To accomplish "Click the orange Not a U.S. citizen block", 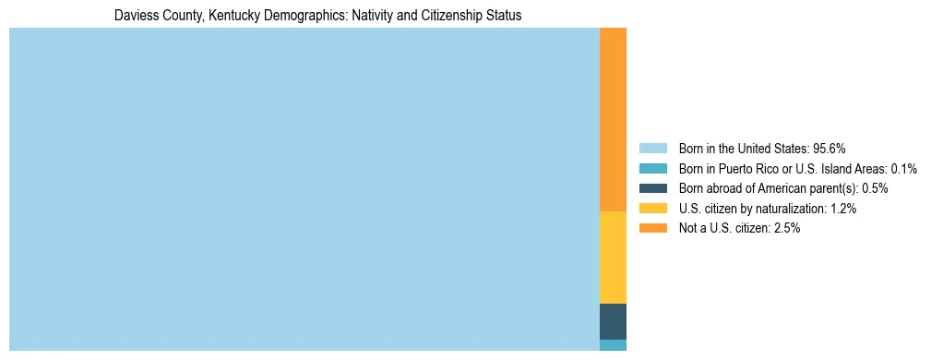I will pos(613,120).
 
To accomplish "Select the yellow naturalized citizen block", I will pos(613,258).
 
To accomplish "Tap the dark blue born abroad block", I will pos(613,321).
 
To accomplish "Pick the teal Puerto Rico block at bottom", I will pos(613,345).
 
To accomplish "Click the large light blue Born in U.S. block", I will pos(304,189).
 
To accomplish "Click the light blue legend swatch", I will pos(652,148).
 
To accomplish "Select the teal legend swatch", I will pos(652,168).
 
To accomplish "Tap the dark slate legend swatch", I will pos(652,188).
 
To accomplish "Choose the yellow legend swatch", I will pos(652,209).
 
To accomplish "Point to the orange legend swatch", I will pos(652,228).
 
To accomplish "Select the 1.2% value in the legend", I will pos(842,209).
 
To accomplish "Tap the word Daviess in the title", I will pos(132,16).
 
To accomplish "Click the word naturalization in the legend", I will pos(787,209).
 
